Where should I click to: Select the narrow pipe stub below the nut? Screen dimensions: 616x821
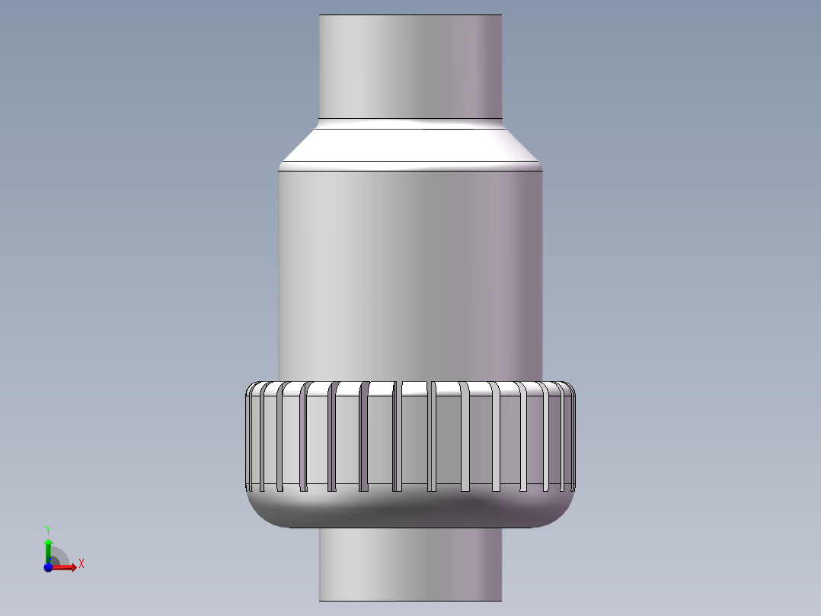[x=410, y=564]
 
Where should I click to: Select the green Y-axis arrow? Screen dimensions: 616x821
[x=48, y=547]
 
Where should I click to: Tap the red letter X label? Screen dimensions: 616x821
[x=81, y=564]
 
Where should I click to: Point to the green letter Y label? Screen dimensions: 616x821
[x=48, y=529]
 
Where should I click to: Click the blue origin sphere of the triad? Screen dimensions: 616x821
[x=48, y=568]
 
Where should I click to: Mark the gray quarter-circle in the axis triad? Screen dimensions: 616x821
[x=60, y=558]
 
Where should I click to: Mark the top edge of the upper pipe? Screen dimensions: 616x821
[x=410, y=15]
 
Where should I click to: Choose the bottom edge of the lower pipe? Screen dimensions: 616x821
[x=410, y=600]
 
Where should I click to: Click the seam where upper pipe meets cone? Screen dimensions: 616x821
[x=410, y=120]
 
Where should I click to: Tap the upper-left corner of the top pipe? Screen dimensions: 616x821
[x=320, y=16]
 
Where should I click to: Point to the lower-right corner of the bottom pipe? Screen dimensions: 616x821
[x=501, y=599]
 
